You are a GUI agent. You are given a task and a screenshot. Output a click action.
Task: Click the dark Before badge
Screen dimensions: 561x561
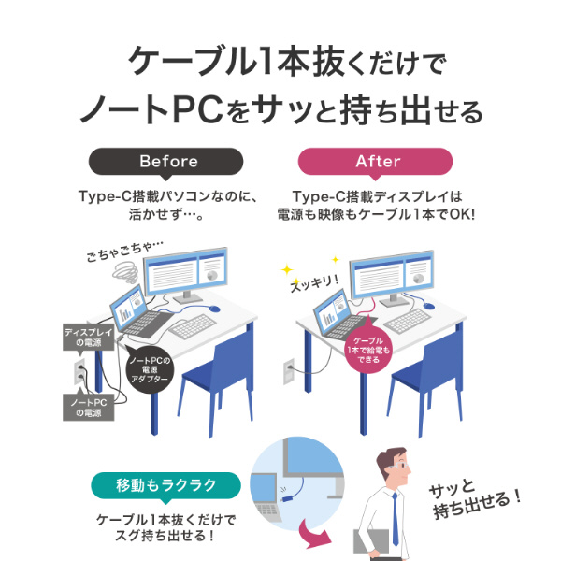pos(168,161)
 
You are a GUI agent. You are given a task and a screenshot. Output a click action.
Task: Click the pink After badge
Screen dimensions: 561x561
pos(378,161)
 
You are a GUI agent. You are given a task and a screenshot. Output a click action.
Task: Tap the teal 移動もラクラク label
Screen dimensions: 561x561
pos(165,485)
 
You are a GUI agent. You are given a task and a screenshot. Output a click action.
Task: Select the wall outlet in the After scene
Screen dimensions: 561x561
pos(290,366)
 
